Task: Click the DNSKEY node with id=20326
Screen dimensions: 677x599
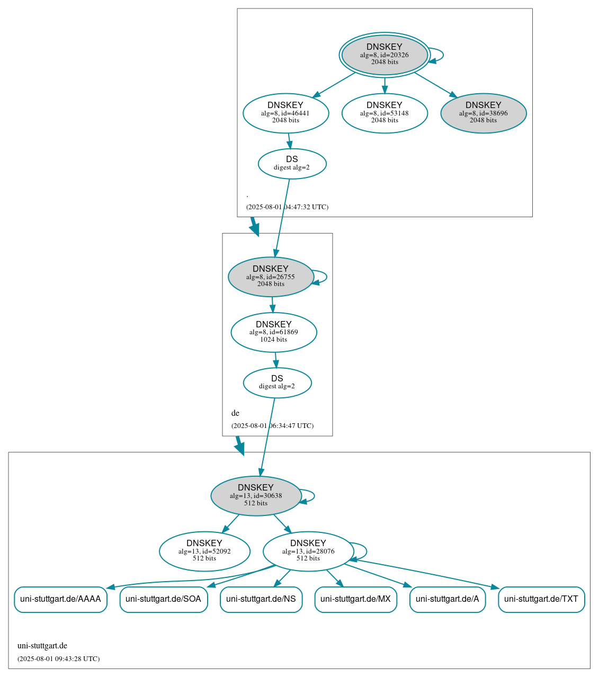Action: click(385, 55)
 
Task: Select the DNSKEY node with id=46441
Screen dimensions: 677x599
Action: click(285, 113)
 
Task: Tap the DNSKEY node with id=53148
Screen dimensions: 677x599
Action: click(385, 113)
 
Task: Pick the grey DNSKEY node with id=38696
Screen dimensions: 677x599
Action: click(483, 113)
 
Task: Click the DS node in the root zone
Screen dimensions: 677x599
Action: click(292, 164)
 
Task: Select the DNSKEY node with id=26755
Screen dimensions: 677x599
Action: click(271, 277)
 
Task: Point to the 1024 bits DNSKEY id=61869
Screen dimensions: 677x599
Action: click(274, 332)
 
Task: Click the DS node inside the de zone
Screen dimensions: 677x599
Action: click(277, 382)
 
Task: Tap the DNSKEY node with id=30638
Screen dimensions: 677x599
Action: click(256, 495)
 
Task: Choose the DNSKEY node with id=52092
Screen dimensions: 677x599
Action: click(204, 551)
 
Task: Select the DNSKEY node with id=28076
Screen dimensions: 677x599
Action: click(308, 551)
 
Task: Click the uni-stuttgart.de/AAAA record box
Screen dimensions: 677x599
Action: click(60, 599)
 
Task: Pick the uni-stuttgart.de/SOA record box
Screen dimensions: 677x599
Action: click(163, 599)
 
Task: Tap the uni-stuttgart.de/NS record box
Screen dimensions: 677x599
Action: click(261, 599)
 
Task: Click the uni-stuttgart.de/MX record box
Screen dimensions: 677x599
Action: click(355, 599)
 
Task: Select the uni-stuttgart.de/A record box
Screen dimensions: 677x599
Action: click(447, 599)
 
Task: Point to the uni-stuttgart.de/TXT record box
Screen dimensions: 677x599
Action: click(541, 599)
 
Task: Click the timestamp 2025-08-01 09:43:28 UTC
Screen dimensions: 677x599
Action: click(58, 659)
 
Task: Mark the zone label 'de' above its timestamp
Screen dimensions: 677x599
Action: click(235, 413)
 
